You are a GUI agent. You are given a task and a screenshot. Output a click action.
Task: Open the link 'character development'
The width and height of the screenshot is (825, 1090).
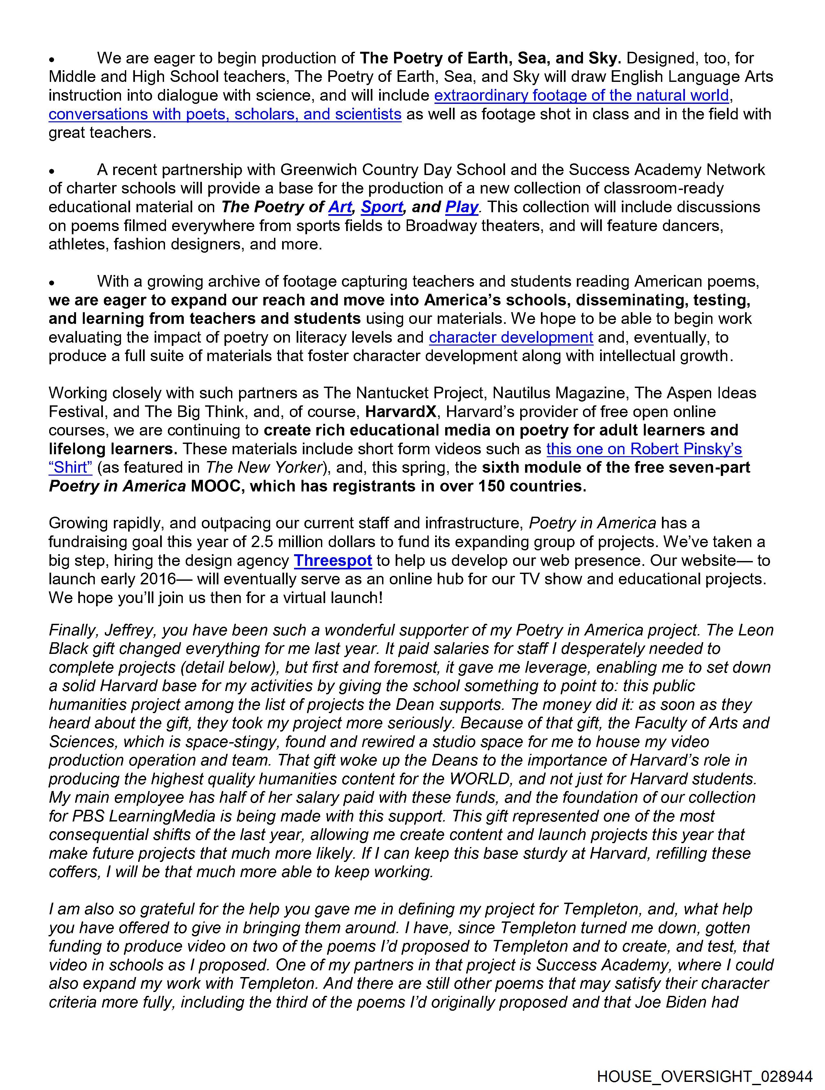point(511,337)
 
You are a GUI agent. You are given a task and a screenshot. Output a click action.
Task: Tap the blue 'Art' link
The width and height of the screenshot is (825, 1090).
point(340,207)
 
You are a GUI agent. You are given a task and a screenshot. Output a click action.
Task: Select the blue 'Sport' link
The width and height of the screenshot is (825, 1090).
point(382,207)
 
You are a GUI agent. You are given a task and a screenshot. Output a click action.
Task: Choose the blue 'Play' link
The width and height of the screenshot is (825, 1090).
point(462,207)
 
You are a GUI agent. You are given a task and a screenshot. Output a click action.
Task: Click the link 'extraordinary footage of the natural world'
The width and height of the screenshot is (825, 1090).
point(581,95)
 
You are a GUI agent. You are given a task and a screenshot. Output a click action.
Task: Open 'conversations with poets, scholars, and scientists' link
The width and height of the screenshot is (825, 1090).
point(225,114)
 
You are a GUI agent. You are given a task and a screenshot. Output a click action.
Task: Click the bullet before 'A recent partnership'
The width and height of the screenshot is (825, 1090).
point(51,171)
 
